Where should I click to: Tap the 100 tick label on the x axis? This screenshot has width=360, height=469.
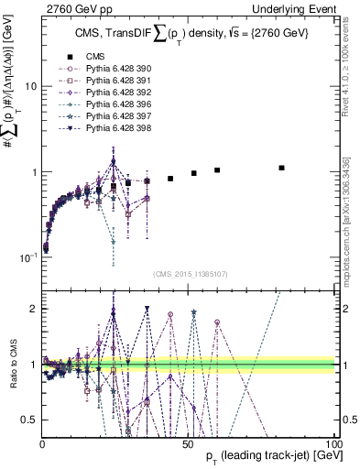335,443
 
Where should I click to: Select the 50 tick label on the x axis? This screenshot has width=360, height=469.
189,443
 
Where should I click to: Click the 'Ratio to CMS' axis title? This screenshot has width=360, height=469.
12,365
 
